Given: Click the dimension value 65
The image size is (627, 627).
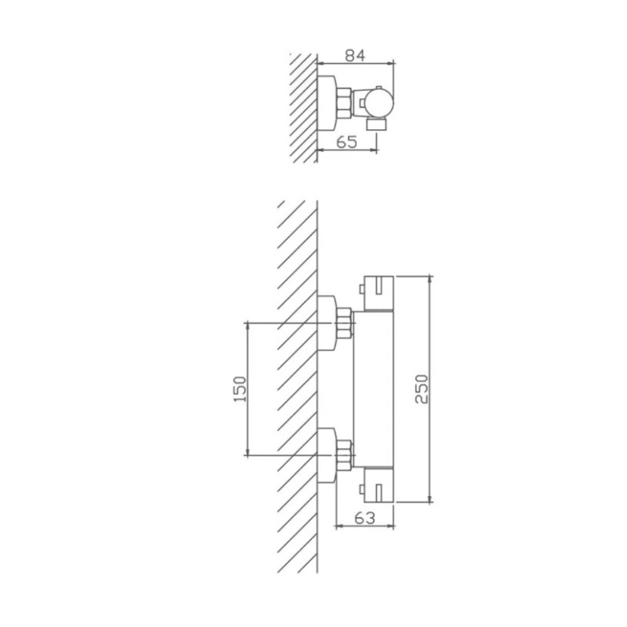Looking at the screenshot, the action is pyautogui.click(x=347, y=142).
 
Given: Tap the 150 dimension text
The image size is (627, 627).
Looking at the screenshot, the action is pyautogui.click(x=240, y=389).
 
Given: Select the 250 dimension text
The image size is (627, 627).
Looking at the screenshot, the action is pyautogui.click(x=422, y=389).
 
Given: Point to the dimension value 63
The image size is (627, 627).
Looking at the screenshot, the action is pyautogui.click(x=365, y=518).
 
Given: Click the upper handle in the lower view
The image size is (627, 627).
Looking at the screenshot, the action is pyautogui.click(x=378, y=293).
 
